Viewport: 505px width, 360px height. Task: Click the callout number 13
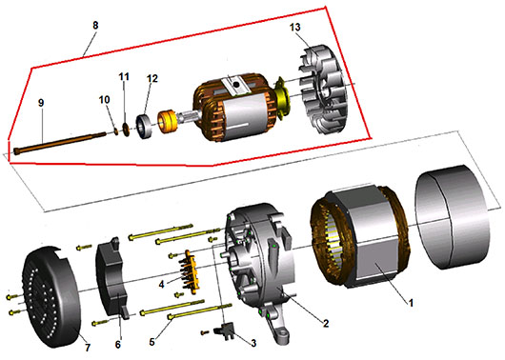coord(294,27)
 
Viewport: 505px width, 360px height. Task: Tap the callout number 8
coord(95,25)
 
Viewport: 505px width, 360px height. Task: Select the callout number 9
coord(41,103)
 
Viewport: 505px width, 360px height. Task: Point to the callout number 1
coord(411,303)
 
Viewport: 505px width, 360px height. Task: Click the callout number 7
coord(88,348)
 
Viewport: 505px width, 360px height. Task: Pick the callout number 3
coord(253,343)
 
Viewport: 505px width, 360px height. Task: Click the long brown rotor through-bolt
coord(60,142)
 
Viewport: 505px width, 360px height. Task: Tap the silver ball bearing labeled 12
coord(144,127)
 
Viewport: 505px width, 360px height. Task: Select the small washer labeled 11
coord(126,129)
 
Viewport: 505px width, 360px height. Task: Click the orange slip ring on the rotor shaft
coord(167,121)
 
